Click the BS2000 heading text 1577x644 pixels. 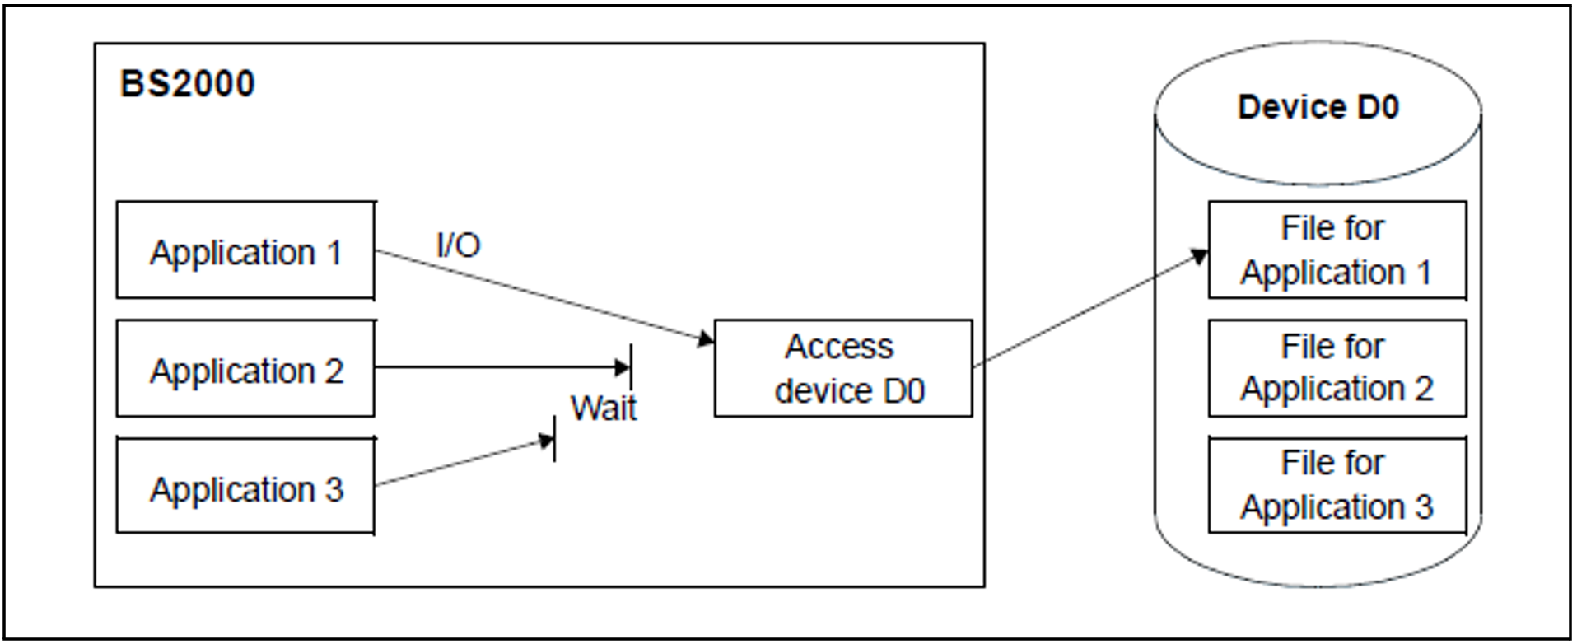188,84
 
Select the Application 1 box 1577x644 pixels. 245,250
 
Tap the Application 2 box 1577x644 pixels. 245,369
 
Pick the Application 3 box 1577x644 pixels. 245,488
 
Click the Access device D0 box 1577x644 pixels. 843,368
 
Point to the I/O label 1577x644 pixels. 458,245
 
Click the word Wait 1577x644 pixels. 604,408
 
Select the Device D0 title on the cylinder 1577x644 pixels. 1318,107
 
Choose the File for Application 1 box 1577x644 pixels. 1337,250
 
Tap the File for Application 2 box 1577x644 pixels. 1337,367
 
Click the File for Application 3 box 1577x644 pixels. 1337,485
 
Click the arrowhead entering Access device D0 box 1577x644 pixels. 707,338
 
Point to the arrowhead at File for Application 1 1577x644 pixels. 1200,256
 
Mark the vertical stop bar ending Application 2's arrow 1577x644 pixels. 631,366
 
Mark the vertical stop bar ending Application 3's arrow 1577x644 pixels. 554,439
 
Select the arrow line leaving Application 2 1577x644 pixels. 494,366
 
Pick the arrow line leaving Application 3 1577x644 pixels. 461,463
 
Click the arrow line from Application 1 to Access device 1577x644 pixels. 535,294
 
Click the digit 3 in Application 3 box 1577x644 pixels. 334,489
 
